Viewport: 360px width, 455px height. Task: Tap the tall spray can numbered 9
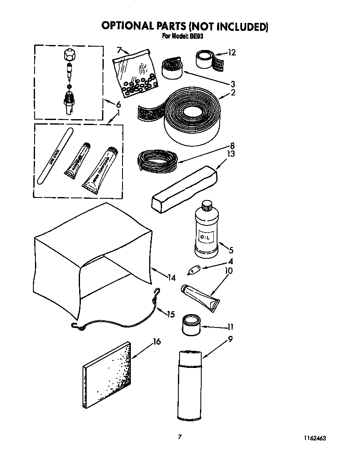click(x=190, y=385)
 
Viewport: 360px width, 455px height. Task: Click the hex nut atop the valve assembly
click(x=68, y=55)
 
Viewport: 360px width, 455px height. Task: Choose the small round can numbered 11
click(x=191, y=325)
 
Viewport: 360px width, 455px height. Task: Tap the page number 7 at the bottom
click(x=180, y=437)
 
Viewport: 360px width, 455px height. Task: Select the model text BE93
click(x=197, y=36)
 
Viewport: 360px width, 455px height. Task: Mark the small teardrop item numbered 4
click(x=194, y=270)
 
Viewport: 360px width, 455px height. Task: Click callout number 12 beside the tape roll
click(x=232, y=52)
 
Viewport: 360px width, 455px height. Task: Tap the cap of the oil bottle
click(x=207, y=206)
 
